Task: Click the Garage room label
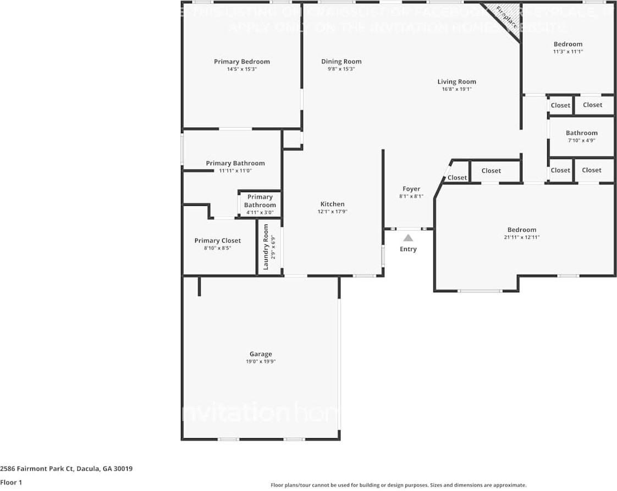261,354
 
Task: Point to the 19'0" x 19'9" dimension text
261,362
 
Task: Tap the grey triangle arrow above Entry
408,238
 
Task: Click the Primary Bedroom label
241,62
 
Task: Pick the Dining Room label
341,62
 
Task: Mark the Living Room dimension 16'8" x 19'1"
456,89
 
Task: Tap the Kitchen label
332,204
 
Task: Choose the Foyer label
411,189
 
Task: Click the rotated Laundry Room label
266,250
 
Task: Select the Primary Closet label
217,241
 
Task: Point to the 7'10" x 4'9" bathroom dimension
581,140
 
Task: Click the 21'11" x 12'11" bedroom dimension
521,237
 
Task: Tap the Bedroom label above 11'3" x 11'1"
568,44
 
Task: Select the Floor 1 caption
11,483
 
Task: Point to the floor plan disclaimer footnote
398,485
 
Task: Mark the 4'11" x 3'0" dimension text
260,212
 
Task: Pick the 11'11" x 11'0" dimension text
235,171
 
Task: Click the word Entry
408,249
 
